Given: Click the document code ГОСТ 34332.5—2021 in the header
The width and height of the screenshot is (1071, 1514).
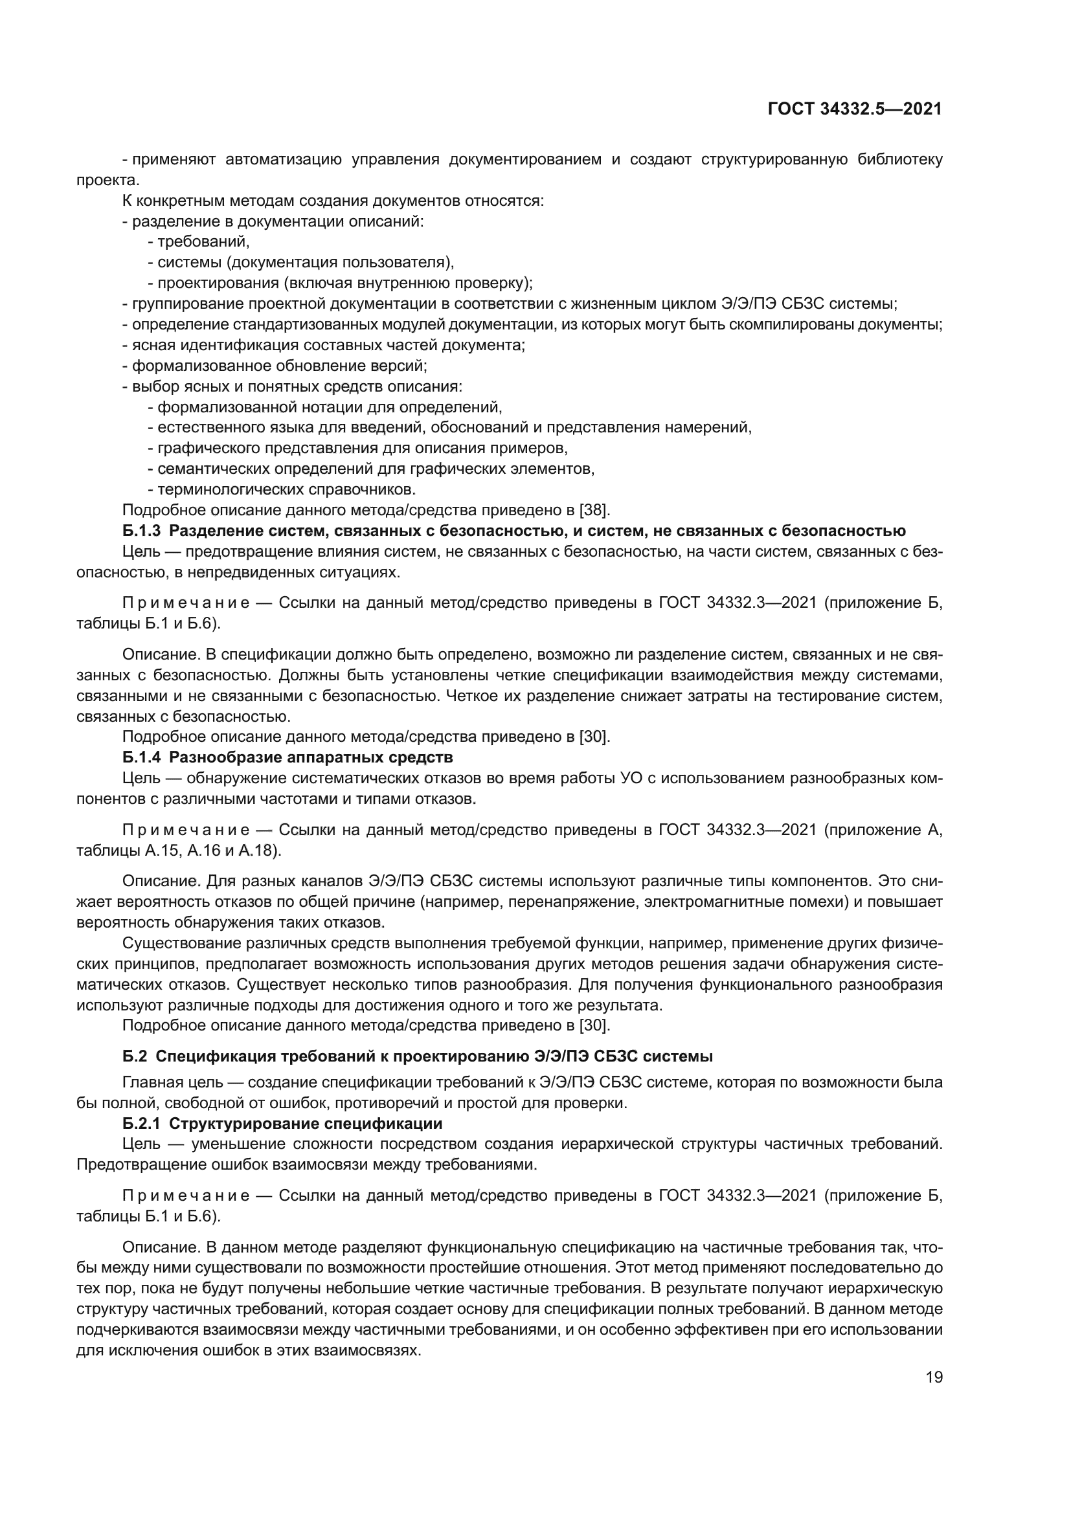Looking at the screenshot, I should (x=855, y=109).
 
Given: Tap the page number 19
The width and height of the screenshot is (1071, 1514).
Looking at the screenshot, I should (x=934, y=1377).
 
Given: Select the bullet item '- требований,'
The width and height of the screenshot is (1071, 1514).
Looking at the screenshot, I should (x=199, y=242).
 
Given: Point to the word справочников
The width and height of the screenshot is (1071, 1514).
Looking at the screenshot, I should (x=368, y=489).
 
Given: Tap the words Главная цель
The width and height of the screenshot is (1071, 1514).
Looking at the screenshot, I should (x=165, y=1082).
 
